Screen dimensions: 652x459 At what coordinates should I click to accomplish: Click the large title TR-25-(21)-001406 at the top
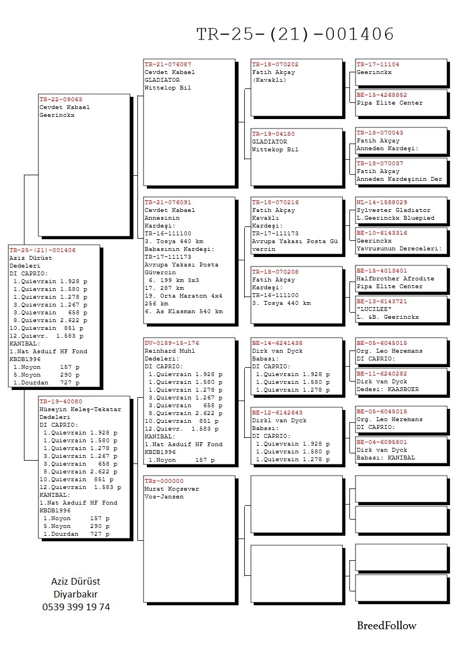coord(295,34)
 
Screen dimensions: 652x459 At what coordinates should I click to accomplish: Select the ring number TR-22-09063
coord(61,100)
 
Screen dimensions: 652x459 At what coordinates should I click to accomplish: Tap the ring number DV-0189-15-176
coord(171,343)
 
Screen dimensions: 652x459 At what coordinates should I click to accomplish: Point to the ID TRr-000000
coord(164,481)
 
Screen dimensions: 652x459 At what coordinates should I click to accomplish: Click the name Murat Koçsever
coord(171,489)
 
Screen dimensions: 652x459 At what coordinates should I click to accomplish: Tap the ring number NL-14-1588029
coord(382,202)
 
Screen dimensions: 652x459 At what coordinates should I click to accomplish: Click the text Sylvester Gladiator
coord(393,210)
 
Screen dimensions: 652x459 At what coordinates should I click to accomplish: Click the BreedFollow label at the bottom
coord(386,626)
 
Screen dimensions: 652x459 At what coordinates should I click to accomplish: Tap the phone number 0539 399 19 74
coord(76,607)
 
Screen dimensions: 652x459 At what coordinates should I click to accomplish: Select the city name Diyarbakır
coord(76,595)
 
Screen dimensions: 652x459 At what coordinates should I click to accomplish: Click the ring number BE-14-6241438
coord(277,343)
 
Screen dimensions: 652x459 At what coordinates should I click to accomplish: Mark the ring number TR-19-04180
coord(273,134)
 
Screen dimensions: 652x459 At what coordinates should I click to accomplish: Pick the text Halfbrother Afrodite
coord(396,278)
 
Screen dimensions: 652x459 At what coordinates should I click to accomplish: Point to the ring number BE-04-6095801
coord(382,442)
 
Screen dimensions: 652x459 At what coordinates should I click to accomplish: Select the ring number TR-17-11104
coord(378,65)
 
